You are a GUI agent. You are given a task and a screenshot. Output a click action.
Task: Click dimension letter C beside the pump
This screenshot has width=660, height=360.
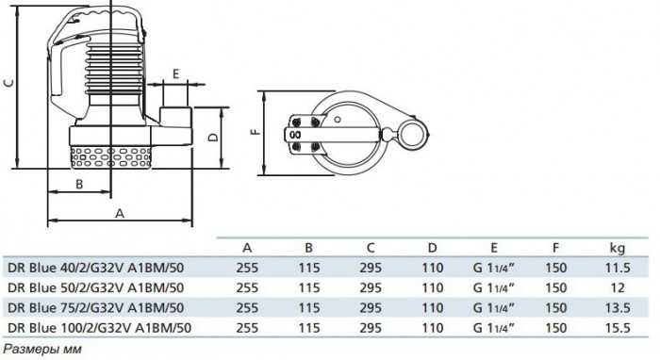point(9,82)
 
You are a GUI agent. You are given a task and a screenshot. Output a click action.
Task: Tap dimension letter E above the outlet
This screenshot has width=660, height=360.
point(176,74)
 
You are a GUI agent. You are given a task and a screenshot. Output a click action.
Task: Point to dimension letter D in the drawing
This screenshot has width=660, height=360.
point(214,137)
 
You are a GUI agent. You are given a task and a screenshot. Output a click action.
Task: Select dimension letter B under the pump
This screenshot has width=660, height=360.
point(79,184)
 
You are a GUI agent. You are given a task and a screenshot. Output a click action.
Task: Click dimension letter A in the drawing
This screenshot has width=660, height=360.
point(120,213)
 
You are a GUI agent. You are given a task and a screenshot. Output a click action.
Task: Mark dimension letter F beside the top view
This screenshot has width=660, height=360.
point(256,132)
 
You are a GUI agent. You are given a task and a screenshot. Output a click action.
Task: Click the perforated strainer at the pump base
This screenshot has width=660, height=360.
point(111,157)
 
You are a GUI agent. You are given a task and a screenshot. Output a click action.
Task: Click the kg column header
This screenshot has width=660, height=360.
point(618,248)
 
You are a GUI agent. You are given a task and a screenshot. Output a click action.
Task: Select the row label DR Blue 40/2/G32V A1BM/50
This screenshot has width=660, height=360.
point(96,268)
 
